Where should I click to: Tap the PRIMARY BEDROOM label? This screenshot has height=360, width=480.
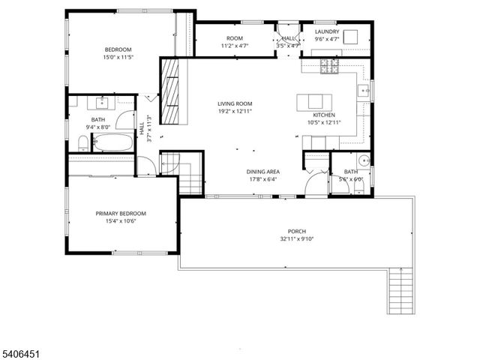tap(121, 213)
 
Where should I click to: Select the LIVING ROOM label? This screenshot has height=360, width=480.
tap(234, 104)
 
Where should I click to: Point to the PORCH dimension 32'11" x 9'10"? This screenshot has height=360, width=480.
tap(292, 239)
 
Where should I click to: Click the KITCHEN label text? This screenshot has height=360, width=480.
tap(324, 115)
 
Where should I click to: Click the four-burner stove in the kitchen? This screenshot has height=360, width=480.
tap(329, 67)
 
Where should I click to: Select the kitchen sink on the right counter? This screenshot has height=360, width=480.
tap(363, 91)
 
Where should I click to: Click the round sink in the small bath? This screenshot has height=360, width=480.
tap(363, 159)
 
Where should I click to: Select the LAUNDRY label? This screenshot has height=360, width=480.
tap(327, 31)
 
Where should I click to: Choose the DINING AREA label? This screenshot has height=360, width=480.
tap(262, 172)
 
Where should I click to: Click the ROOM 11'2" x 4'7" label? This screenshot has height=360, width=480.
tap(235, 41)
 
